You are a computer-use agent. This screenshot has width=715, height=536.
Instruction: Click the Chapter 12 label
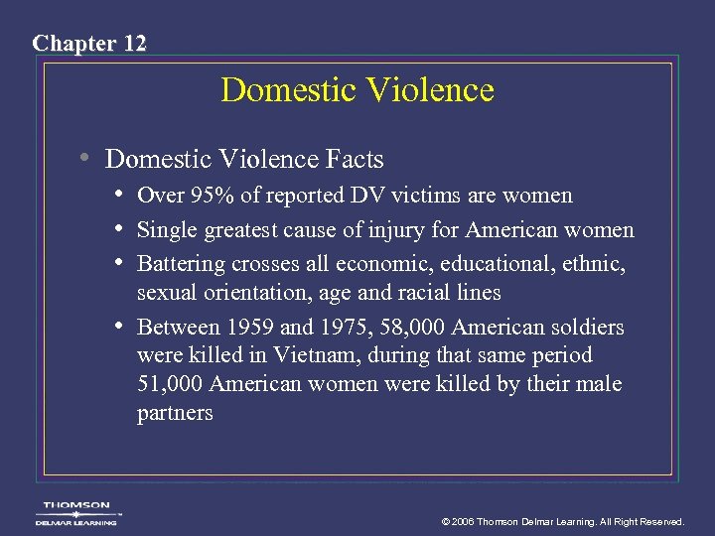coord(89,44)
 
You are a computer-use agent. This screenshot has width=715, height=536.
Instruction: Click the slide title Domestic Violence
coord(357,90)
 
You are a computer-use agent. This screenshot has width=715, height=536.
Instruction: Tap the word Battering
coord(181,264)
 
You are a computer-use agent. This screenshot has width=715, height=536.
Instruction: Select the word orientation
coord(256,293)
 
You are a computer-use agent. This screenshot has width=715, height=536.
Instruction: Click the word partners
coord(175,413)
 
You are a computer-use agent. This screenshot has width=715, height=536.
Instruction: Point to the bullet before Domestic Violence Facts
coord(87,157)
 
